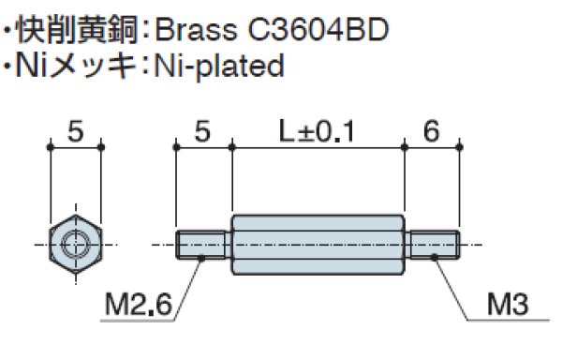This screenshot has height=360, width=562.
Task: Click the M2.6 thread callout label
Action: pyautogui.click(x=139, y=305)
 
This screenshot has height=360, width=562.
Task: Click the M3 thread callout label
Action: pyautogui.click(x=508, y=305)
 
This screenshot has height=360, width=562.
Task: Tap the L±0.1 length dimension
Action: pyautogui.click(x=317, y=131)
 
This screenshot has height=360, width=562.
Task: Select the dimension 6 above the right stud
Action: pyautogui.click(x=431, y=131)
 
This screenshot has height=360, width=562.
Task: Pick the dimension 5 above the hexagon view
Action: pyautogui.click(x=76, y=131)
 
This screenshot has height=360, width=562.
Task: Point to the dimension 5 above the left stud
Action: pyautogui.click(x=202, y=131)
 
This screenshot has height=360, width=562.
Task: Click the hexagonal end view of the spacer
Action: pyautogui.click(x=76, y=245)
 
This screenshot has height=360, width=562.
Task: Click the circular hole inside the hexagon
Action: pyautogui.click(x=76, y=245)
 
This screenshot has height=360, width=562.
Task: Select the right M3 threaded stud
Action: pyautogui.click(x=432, y=245)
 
